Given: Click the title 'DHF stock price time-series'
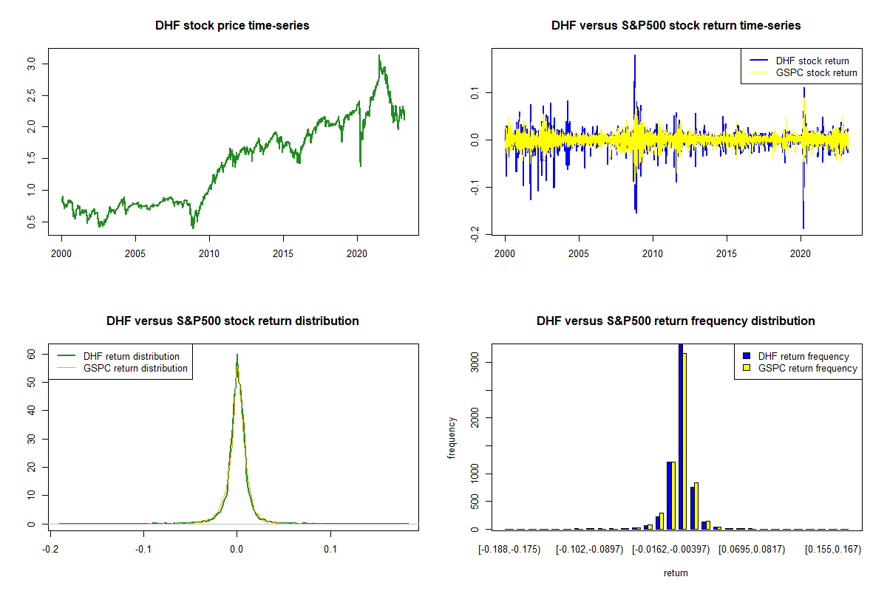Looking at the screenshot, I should [232, 25].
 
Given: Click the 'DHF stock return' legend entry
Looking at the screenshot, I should [812, 61].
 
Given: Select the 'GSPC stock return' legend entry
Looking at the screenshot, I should [816, 72].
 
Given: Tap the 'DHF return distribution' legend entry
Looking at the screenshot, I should [132, 356].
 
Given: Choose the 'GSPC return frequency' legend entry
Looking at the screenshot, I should [807, 368].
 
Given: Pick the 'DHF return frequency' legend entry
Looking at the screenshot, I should [803, 356].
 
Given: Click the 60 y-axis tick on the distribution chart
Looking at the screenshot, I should [32, 355].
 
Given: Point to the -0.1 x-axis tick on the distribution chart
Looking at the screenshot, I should [143, 549].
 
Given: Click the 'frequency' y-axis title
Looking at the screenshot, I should [452, 437].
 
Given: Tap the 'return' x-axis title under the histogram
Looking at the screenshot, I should [676, 573].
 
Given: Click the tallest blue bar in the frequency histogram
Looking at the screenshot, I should [681, 436].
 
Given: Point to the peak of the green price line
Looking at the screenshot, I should [379, 56].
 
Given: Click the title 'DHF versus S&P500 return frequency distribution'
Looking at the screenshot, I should [676, 321].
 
